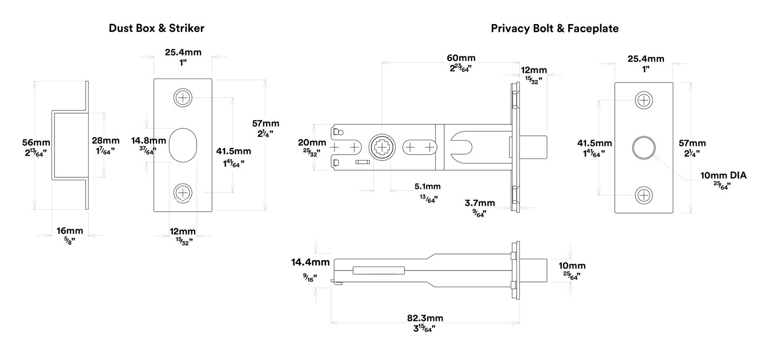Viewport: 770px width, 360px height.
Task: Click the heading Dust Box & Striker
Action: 156,28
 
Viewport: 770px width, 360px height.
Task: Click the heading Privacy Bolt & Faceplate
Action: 554,28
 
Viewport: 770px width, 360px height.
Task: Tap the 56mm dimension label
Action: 36,142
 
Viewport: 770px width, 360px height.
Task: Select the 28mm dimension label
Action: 106,141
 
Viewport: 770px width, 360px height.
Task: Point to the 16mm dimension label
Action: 70,231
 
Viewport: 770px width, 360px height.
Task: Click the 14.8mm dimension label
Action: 148,141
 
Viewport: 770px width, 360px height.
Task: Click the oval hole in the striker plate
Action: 183,145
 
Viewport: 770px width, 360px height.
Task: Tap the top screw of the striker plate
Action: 183,97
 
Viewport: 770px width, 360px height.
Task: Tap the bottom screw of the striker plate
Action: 183,193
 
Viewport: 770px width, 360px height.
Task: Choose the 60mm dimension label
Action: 461,58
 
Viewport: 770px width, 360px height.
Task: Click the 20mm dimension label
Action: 312,143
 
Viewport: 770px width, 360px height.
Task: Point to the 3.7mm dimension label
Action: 480,203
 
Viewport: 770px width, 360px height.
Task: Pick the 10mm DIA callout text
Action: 723,175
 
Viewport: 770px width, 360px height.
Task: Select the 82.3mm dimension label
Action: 425,318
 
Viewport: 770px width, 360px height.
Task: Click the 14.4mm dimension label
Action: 310,263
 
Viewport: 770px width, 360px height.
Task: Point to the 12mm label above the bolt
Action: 534,70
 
